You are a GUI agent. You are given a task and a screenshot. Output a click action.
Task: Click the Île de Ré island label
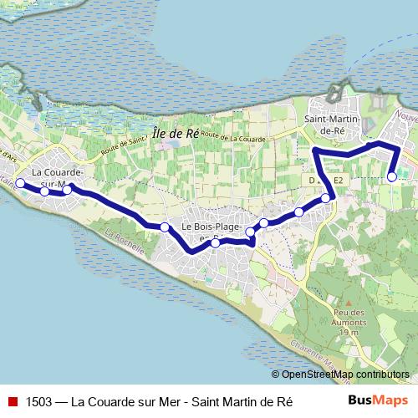point(176,132)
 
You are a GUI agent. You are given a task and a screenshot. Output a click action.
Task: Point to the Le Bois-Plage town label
point(211,227)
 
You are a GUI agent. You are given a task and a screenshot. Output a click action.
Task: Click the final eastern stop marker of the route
point(392,176)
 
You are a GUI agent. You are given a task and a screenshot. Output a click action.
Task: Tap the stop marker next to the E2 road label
point(325,198)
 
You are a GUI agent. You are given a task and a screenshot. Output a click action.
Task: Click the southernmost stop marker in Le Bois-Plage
point(215,242)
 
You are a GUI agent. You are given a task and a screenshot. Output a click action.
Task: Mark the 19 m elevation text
point(349,332)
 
